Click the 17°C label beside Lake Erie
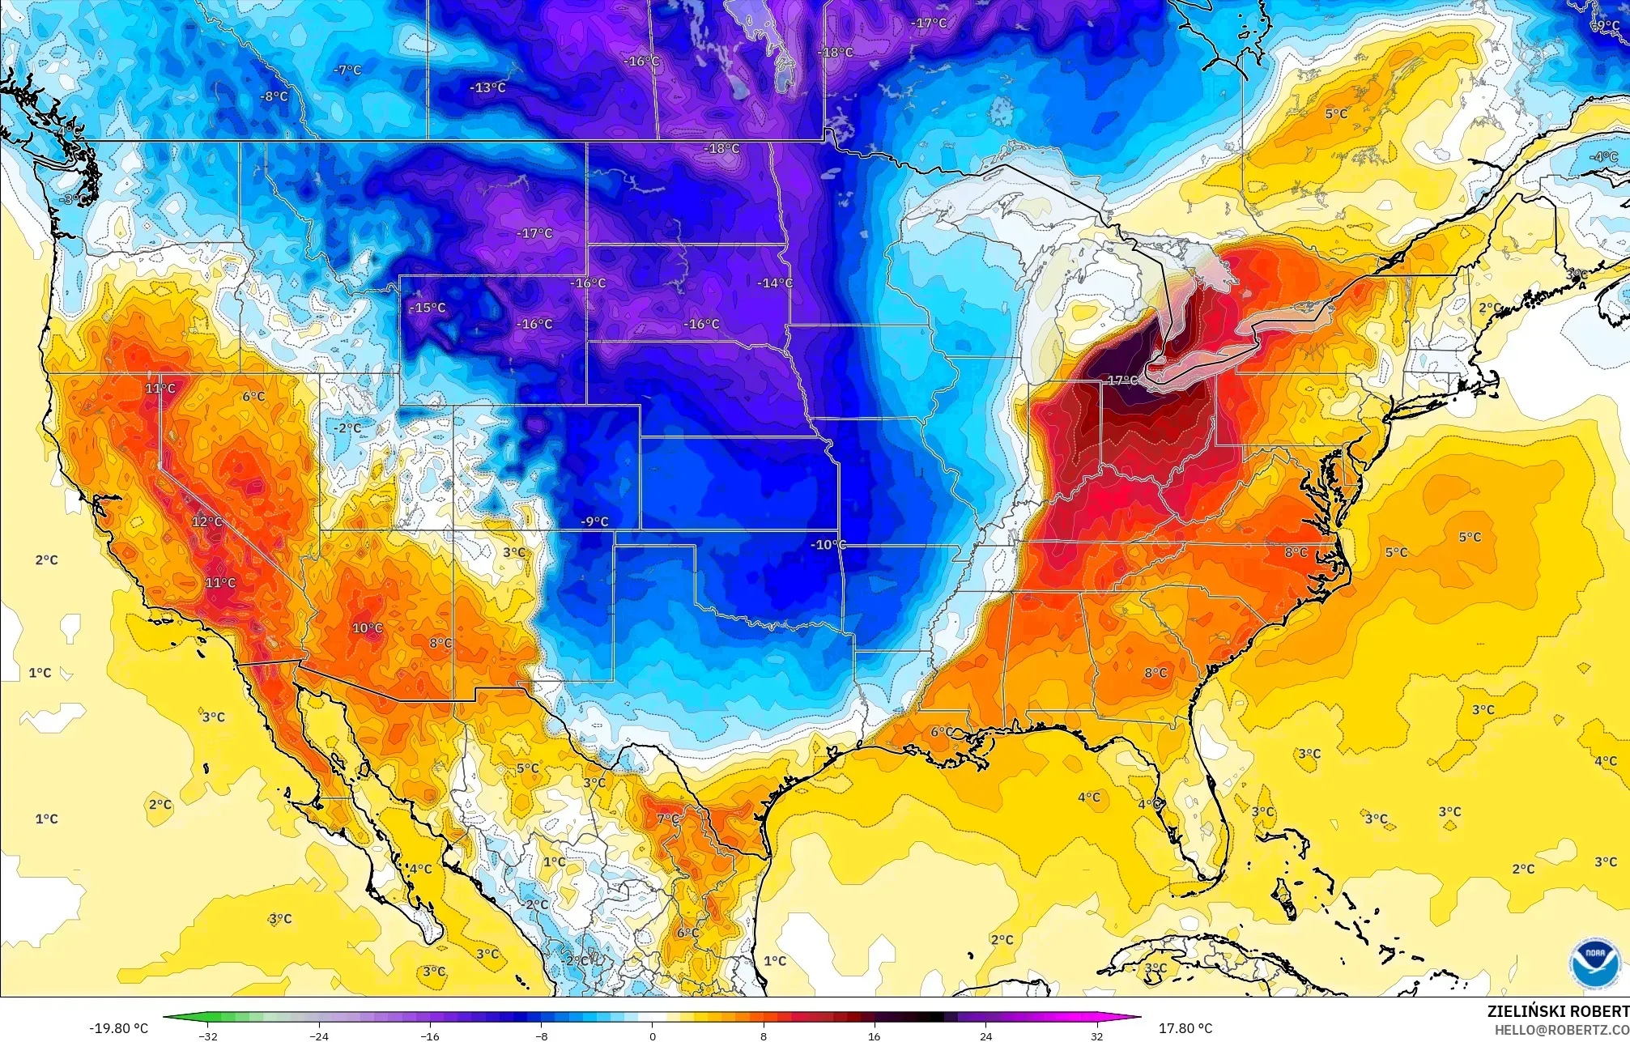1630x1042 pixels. [1122, 381]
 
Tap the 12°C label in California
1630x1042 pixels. [206, 522]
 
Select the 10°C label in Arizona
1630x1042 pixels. [367, 628]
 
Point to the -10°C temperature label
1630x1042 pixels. [828, 545]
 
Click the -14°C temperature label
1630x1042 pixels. [775, 283]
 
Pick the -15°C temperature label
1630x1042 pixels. [428, 308]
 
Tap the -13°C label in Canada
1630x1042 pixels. [489, 87]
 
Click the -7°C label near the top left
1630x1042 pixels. [347, 70]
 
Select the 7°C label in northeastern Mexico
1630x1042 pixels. [668, 819]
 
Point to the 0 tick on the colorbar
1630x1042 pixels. [653, 1036]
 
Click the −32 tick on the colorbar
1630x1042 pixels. [209, 1036]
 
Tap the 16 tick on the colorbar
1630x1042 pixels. [875, 1036]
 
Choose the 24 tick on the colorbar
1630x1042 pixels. [985, 1036]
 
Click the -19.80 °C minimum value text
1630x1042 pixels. [118, 1028]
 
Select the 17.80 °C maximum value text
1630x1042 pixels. [1185, 1028]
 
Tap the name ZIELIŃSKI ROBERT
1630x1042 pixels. [1558, 1011]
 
